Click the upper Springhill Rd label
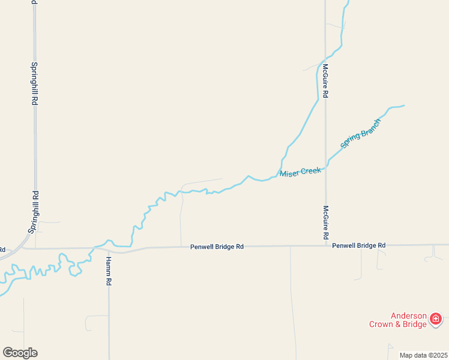pyautogui.click(x=35, y=84)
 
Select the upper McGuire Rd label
pyautogui.click(x=325, y=81)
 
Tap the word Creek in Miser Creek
pyautogui.click(x=310, y=172)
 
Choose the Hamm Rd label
pyautogui.click(x=109, y=271)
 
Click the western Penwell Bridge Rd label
pyautogui.click(x=217, y=246)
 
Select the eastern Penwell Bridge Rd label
pyautogui.click(x=358, y=245)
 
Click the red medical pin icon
pyautogui.click(x=436, y=319)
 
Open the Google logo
pyautogui.click(x=20, y=353)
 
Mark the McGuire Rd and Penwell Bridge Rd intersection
pyautogui.click(x=325, y=245)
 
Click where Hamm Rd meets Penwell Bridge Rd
pyautogui.click(x=109, y=249)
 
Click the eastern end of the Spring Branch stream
pyautogui.click(x=403, y=106)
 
